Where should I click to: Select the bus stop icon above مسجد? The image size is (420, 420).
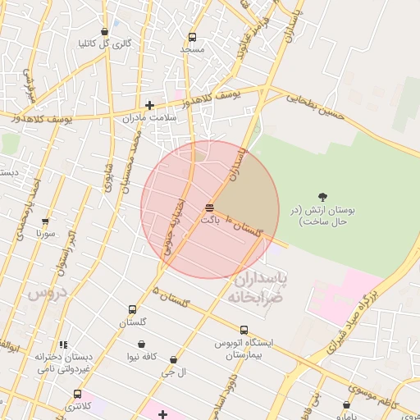(x=192, y=37)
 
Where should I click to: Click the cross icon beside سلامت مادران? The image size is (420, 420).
(x=149, y=105)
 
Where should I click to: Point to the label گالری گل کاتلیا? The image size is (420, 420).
(x=104, y=43)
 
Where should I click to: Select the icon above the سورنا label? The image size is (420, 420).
(x=45, y=221)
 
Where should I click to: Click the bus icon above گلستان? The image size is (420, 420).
(x=132, y=310)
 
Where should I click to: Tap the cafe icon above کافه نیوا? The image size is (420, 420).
(x=142, y=344)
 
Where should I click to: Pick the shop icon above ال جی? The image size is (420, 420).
(x=173, y=359)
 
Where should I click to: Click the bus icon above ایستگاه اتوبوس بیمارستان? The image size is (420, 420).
(x=244, y=330)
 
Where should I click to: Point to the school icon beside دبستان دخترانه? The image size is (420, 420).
(x=64, y=345)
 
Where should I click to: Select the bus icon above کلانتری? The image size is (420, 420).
(x=77, y=394)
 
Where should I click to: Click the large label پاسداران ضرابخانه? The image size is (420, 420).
(x=257, y=288)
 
